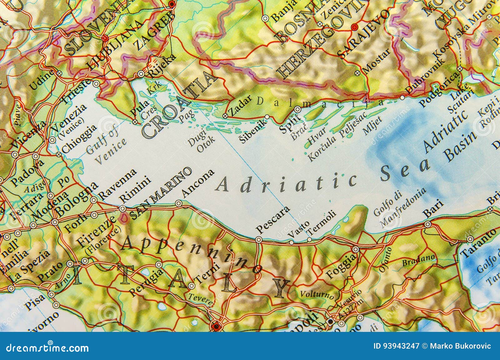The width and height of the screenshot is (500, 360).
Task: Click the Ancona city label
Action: click(x=198, y=184)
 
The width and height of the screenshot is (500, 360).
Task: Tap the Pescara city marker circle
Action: click(x=258, y=239)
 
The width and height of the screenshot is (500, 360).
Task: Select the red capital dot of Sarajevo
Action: click(x=354, y=27)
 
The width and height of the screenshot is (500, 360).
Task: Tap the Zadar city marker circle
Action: click(x=225, y=116)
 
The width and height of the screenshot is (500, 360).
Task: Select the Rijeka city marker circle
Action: click(x=141, y=74)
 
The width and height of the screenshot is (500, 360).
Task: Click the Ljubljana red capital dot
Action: click(x=105, y=38)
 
